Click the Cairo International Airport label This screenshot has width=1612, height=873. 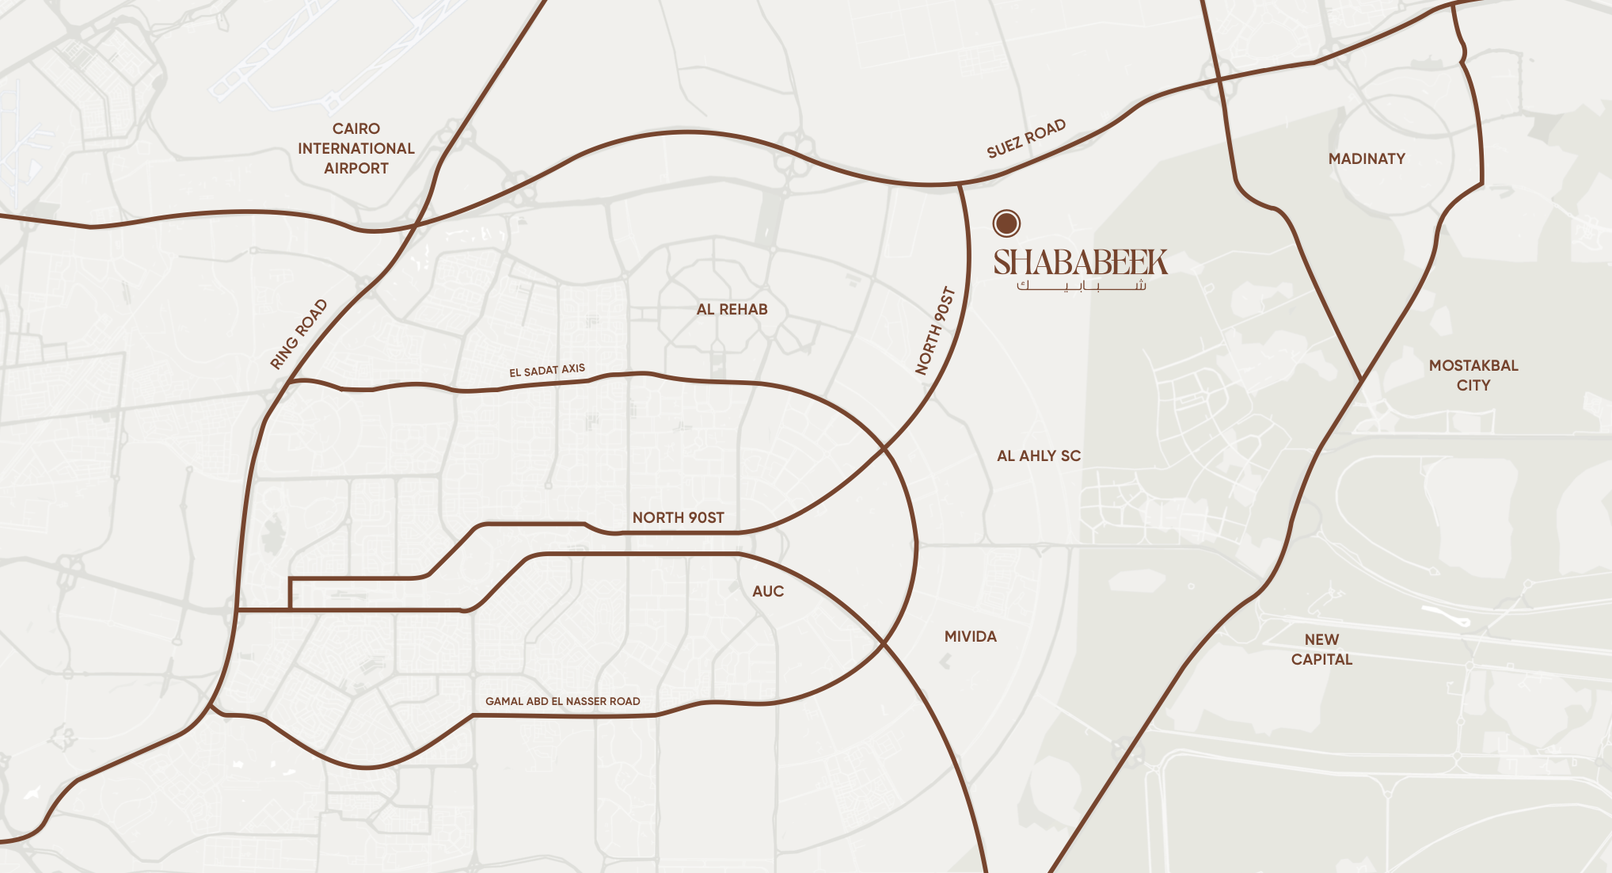coord(355,148)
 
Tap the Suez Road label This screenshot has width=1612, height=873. coord(1026,139)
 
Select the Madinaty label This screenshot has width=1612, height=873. coord(1367,158)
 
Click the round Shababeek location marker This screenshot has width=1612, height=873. coord(1006,223)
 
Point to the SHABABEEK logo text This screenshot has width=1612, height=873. coord(1081,262)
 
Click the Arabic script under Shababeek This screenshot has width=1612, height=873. coord(1081,286)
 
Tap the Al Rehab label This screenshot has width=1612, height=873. coord(732,310)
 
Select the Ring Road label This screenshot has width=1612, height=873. coord(298,334)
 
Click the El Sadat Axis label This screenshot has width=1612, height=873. coord(547,370)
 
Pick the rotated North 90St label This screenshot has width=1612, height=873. coord(935,330)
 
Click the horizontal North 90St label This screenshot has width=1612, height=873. coord(678,517)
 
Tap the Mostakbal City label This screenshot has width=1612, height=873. coord(1473,376)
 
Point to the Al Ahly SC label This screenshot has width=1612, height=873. coord(1038,456)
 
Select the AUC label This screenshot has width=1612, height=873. coord(767,591)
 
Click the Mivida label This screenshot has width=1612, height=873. coord(970,636)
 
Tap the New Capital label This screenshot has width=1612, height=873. coord(1321,649)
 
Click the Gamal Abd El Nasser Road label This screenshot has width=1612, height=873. coord(562,701)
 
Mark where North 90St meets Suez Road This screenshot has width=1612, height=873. coord(960,185)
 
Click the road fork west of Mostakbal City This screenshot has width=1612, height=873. coord(1361,381)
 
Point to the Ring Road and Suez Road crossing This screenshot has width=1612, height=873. coord(416,225)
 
